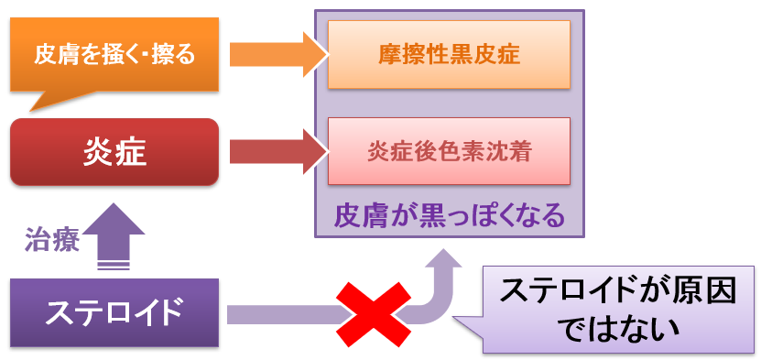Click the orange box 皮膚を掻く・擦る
pyautogui.click(x=114, y=54)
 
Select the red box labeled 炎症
pyautogui.click(x=114, y=152)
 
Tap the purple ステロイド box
pyautogui.click(x=114, y=312)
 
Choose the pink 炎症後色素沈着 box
pyautogui.click(x=449, y=150)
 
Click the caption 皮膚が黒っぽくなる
pyautogui.click(x=449, y=216)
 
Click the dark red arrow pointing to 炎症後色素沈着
pyautogui.click(x=275, y=152)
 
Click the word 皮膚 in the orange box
pyautogui.click(x=55, y=54)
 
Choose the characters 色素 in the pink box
pyautogui.click(x=473, y=150)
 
